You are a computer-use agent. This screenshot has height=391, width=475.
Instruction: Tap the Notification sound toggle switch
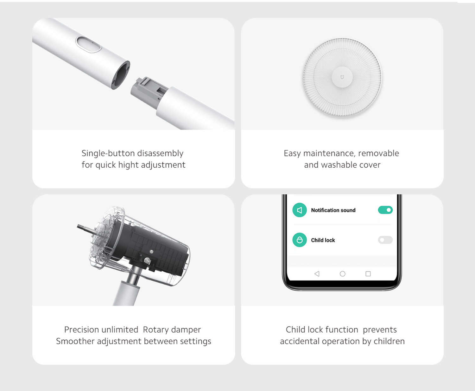pos(385,210)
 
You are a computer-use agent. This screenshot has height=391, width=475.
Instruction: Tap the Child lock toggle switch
pos(385,240)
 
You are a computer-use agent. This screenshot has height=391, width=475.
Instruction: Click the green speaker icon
pos(299,210)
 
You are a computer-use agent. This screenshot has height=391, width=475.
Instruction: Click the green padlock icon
pos(299,240)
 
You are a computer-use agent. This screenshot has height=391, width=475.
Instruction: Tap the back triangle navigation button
pos(317,273)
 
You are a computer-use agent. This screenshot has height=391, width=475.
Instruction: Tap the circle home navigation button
pos(342,273)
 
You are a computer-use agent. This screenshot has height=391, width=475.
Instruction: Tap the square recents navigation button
pos(368,273)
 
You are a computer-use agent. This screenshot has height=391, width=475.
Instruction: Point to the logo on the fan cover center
pos(342,77)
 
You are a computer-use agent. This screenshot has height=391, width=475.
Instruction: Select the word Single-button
pos(108,153)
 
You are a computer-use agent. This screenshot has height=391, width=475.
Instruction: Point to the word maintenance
pos(329,153)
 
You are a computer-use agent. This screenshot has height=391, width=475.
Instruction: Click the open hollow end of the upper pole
pos(121,75)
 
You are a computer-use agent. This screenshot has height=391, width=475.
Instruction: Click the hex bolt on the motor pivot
pos(148,261)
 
